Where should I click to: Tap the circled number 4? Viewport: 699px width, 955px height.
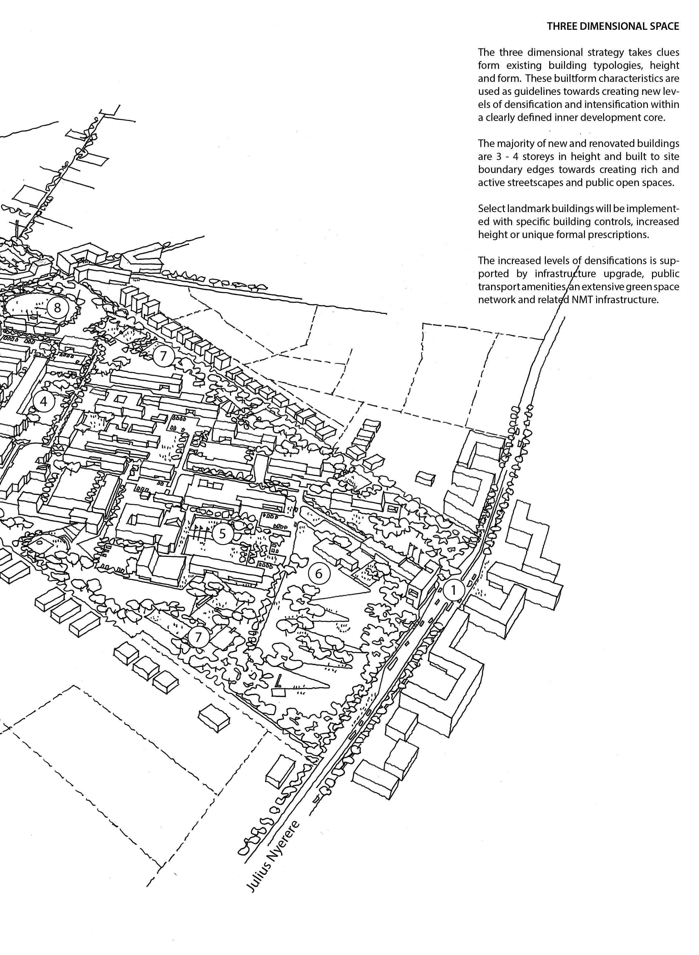(x=44, y=401)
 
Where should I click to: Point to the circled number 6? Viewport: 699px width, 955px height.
(x=319, y=573)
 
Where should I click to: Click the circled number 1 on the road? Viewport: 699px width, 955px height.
(x=453, y=590)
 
